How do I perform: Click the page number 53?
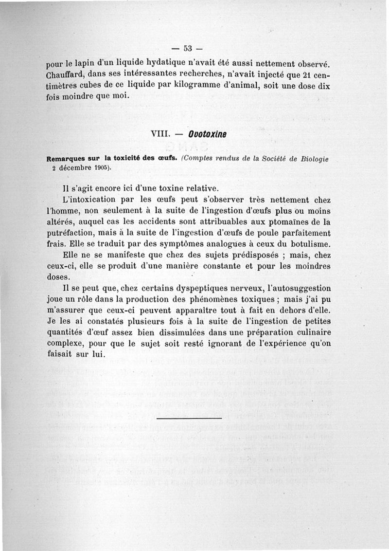[x=189, y=48]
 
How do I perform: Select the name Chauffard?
[x=64, y=76]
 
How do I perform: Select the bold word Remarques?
[x=66, y=158]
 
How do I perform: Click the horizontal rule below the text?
[x=190, y=417]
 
